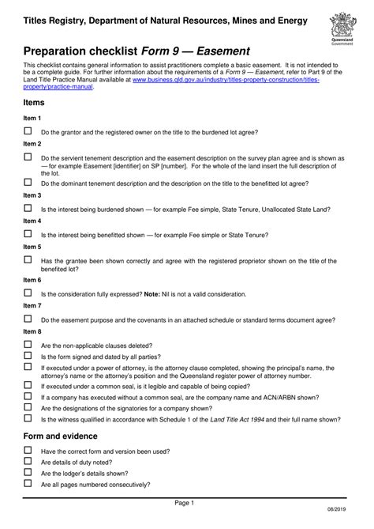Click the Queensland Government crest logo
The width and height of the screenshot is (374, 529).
pos(342,30)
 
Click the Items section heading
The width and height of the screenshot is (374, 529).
pos(34,103)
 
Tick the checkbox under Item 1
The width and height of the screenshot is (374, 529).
pos(28,131)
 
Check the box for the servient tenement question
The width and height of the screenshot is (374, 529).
pos(28,157)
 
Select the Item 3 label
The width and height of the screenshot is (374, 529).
pos(32,195)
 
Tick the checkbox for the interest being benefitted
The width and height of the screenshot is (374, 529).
pos(28,234)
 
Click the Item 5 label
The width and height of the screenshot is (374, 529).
pos(32,247)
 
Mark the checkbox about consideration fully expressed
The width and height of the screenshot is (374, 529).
pos(28,293)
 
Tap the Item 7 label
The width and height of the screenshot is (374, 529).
pos(32,305)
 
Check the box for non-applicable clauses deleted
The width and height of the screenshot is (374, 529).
pos(28,345)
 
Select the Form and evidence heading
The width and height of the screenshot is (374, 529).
pos(60,436)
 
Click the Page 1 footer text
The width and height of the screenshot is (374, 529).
pos(184,503)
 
